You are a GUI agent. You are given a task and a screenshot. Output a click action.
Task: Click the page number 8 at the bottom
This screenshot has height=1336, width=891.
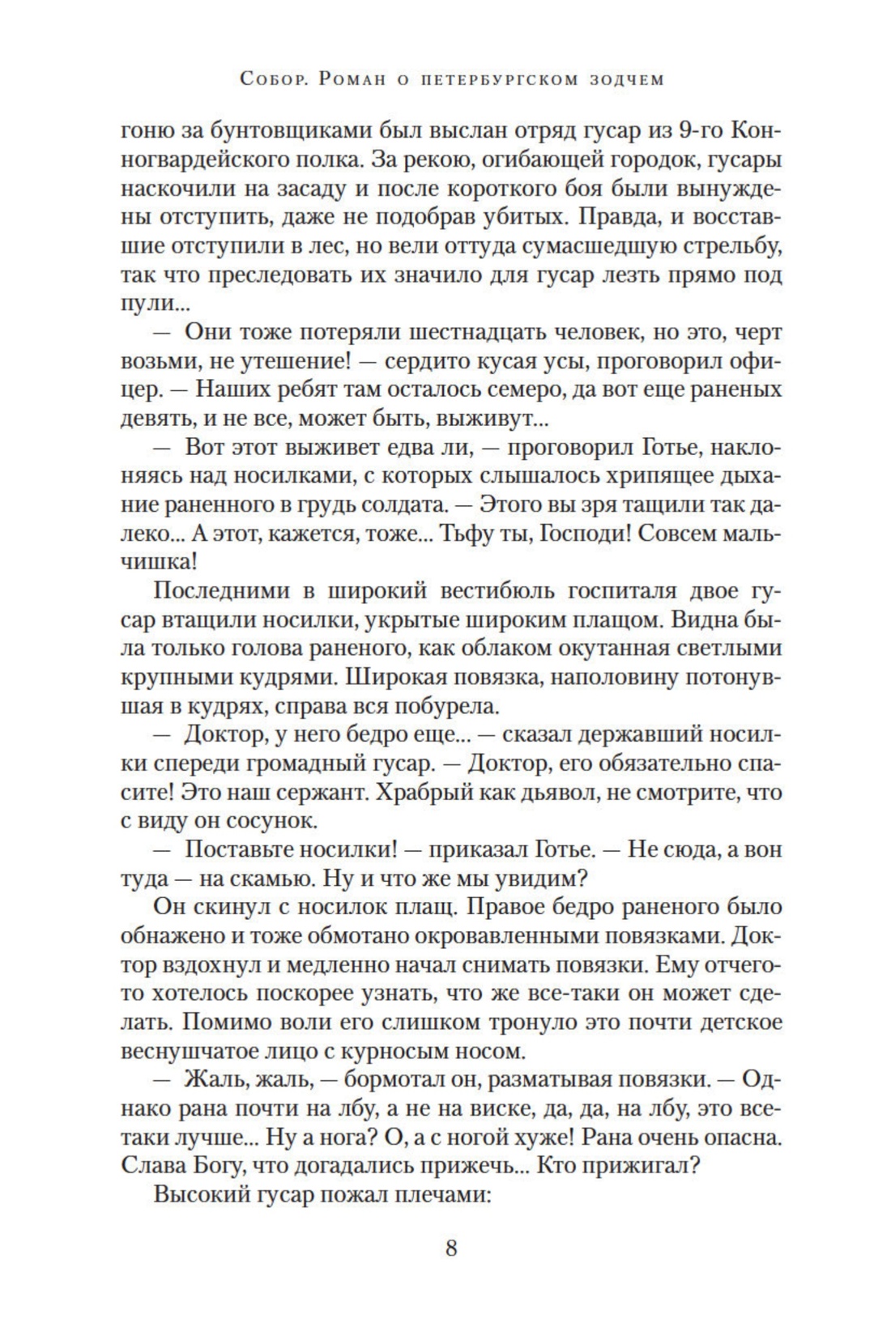[451, 1247]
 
